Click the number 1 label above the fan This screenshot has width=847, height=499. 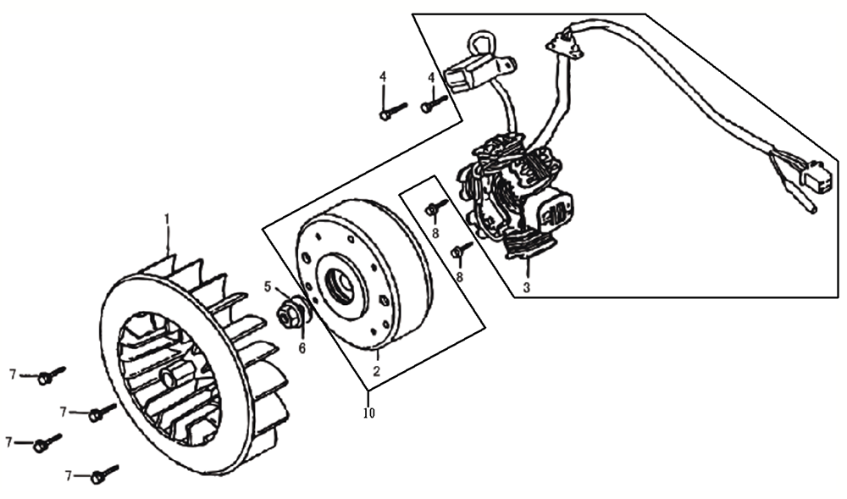coord(167,219)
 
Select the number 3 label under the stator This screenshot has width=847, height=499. coord(527,287)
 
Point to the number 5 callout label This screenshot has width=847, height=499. coord(268,286)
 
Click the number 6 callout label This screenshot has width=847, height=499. coord(302,348)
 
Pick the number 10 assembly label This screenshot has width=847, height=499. coord(369,413)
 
